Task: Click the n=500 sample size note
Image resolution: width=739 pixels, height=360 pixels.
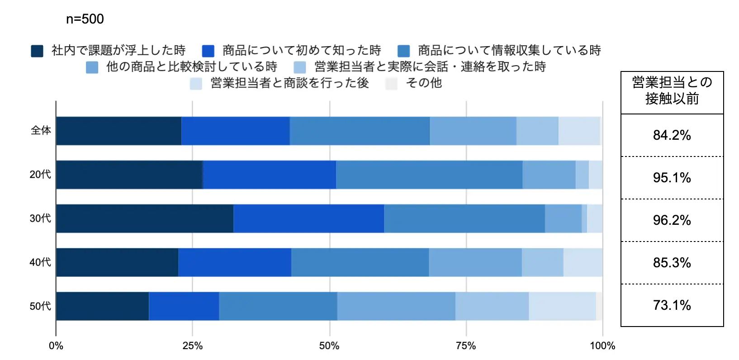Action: pyautogui.click(x=85, y=19)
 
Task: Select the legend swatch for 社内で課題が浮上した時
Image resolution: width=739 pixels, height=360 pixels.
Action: pyautogui.click(x=37, y=51)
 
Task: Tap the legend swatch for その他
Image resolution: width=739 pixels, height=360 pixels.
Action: pyautogui.click(x=391, y=84)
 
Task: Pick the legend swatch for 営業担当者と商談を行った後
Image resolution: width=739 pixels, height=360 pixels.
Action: pyautogui.click(x=196, y=84)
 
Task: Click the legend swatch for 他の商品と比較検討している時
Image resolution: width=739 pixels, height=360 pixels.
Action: pyautogui.click(x=92, y=67)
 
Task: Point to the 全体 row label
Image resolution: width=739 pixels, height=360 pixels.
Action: pyautogui.click(x=41, y=131)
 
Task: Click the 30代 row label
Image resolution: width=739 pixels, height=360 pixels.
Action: pyautogui.click(x=40, y=218)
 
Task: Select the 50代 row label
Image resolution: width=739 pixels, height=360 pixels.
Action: pyautogui.click(x=40, y=306)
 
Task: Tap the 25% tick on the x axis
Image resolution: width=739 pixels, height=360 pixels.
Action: pyautogui.click(x=192, y=346)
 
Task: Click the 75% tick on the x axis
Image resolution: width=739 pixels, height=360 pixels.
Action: pyautogui.click(x=466, y=346)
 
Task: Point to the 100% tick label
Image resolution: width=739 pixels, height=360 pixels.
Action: pyautogui.click(x=602, y=346)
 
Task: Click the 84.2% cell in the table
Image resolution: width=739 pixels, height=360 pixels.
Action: pyautogui.click(x=672, y=135)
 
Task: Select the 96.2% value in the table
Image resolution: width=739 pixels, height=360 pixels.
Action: pyautogui.click(x=672, y=220)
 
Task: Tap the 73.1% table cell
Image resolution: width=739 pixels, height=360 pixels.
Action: pyautogui.click(x=672, y=305)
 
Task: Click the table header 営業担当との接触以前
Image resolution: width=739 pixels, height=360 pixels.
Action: pyautogui.click(x=672, y=90)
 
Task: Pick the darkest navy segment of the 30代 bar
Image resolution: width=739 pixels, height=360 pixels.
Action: pyautogui.click(x=145, y=218)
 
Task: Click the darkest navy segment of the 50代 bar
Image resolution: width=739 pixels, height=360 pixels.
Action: pyautogui.click(x=103, y=306)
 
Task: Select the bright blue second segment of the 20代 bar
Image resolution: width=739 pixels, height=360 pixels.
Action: pyautogui.click(x=270, y=175)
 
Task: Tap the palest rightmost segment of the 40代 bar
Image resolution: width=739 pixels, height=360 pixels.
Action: pyautogui.click(x=583, y=262)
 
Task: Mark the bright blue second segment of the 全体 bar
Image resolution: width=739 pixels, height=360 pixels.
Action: pyautogui.click(x=236, y=131)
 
